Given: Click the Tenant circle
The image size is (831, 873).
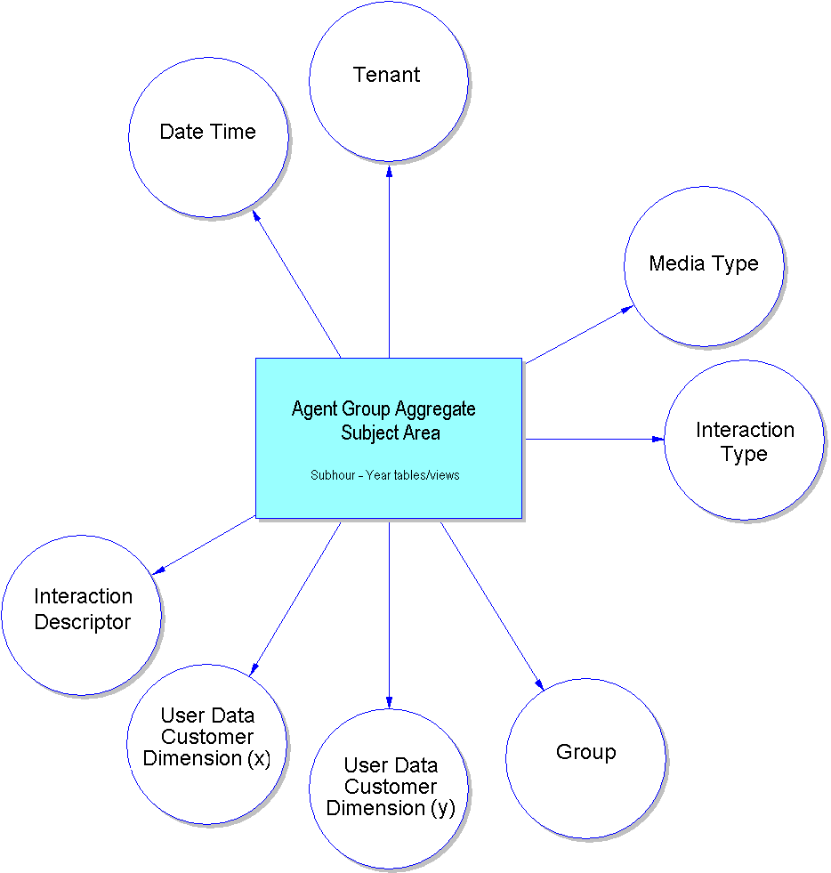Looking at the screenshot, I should pyautogui.click(x=389, y=81).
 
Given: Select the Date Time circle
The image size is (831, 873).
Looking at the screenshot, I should pyautogui.click(x=208, y=137).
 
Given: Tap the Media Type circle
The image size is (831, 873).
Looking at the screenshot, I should pyautogui.click(x=704, y=266).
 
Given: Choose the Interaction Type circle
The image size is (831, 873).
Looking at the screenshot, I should pyautogui.click(x=744, y=441).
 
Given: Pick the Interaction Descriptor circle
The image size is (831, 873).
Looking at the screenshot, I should pyautogui.click(x=82, y=615).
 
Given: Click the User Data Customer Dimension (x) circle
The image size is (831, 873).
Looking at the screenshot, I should pyautogui.click(x=207, y=743).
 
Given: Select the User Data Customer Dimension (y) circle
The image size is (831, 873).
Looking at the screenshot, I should pyautogui.click(x=389, y=788).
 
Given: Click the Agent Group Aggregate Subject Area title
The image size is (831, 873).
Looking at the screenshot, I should pyautogui.click(x=384, y=421).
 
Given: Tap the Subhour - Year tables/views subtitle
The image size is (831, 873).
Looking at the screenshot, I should pyautogui.click(x=385, y=475).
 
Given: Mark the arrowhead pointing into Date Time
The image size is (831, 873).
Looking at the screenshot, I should pyautogui.click(x=257, y=216).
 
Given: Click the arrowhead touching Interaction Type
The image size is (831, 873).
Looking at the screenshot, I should pyautogui.click(x=658, y=439).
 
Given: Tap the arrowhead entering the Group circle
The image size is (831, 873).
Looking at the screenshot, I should pyautogui.click(x=538, y=684).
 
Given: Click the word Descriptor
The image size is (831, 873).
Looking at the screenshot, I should pyautogui.click(x=83, y=622).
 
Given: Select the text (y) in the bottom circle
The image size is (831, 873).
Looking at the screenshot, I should pyautogui.click(x=442, y=808).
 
